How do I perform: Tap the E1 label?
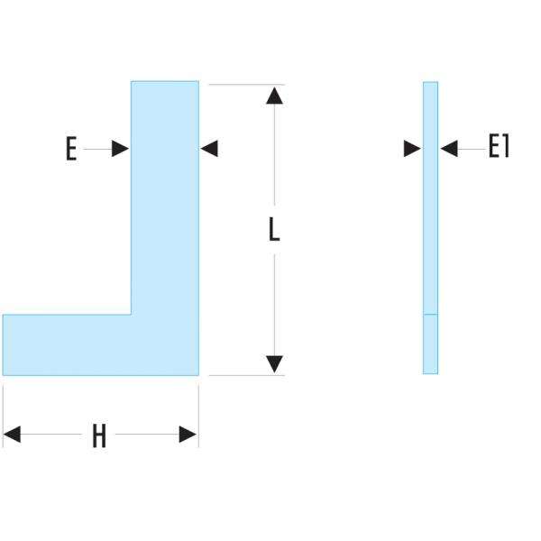[x=499, y=147]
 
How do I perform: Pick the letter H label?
[x=99, y=437]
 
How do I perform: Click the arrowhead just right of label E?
[x=120, y=149]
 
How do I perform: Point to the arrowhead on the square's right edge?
[x=209, y=149]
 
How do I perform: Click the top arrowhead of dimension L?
[x=275, y=94]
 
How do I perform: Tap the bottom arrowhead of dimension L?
[x=275, y=364]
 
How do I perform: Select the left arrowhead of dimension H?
[x=13, y=436]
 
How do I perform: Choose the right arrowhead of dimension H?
[x=188, y=436]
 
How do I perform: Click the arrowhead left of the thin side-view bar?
[x=413, y=149]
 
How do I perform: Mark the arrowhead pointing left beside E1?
[x=448, y=149]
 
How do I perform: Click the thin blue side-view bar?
[x=430, y=225]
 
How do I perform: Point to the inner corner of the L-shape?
[x=132, y=314]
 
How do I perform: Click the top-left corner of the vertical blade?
[x=132, y=82]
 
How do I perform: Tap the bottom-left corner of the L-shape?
[x=4, y=374]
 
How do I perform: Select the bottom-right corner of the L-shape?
[x=198, y=374]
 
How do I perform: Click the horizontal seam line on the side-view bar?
[x=430, y=314]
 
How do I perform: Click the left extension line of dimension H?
[x=4, y=415]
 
